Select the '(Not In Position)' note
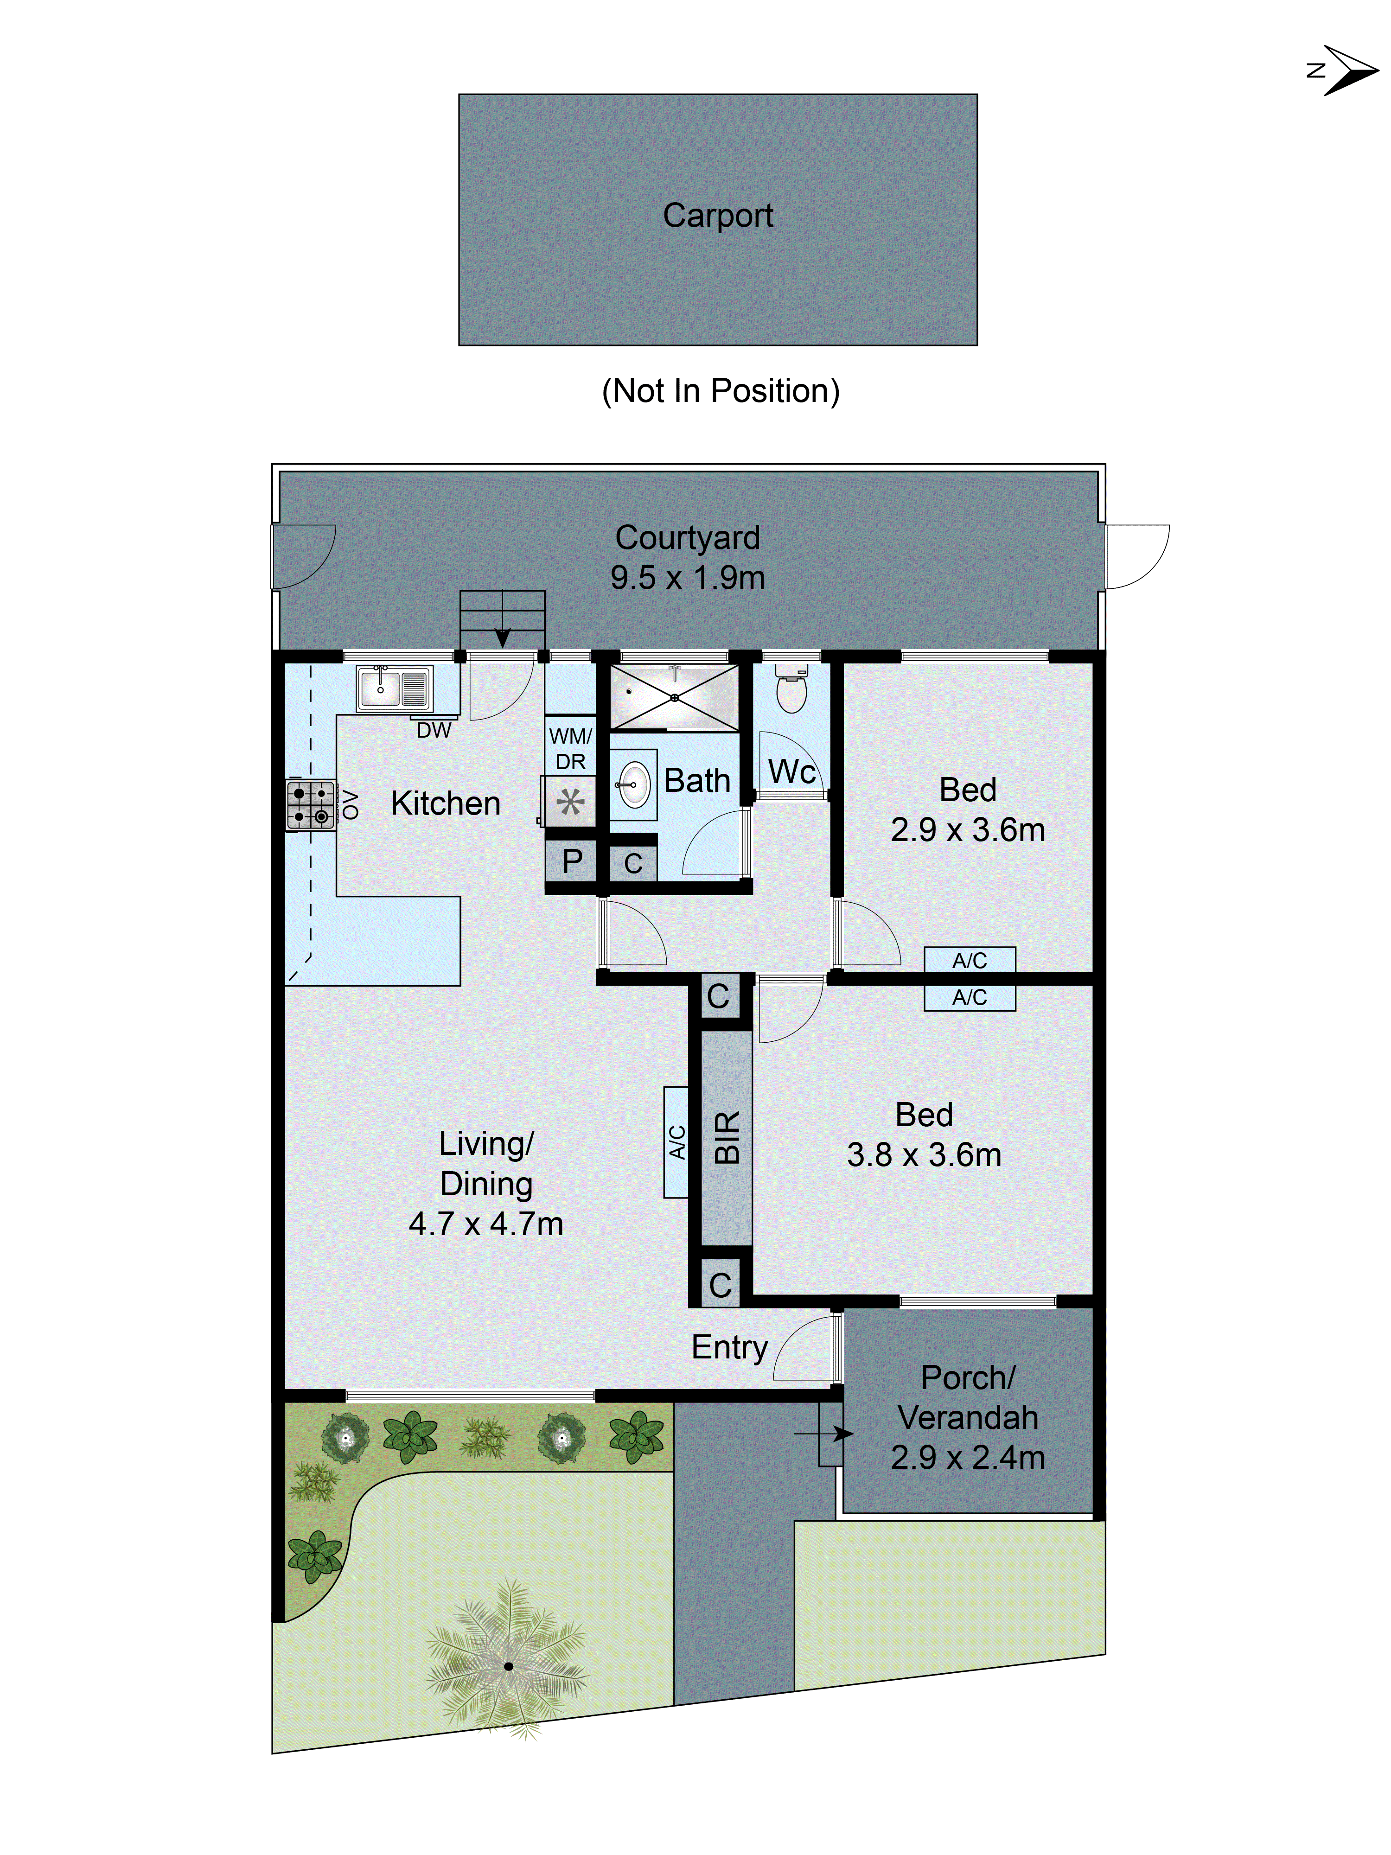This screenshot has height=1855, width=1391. pyautogui.click(x=720, y=391)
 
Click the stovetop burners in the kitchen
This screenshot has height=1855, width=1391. pyautogui.click(x=310, y=804)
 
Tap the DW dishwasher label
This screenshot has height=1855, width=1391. pyautogui.click(x=434, y=730)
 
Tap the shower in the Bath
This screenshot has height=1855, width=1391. pyautogui.click(x=674, y=697)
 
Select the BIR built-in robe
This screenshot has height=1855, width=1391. pyautogui.click(x=726, y=1137)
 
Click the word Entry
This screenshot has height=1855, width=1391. pyautogui.click(x=728, y=1347)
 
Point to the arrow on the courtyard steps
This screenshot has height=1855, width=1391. pyautogui.click(x=502, y=637)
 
